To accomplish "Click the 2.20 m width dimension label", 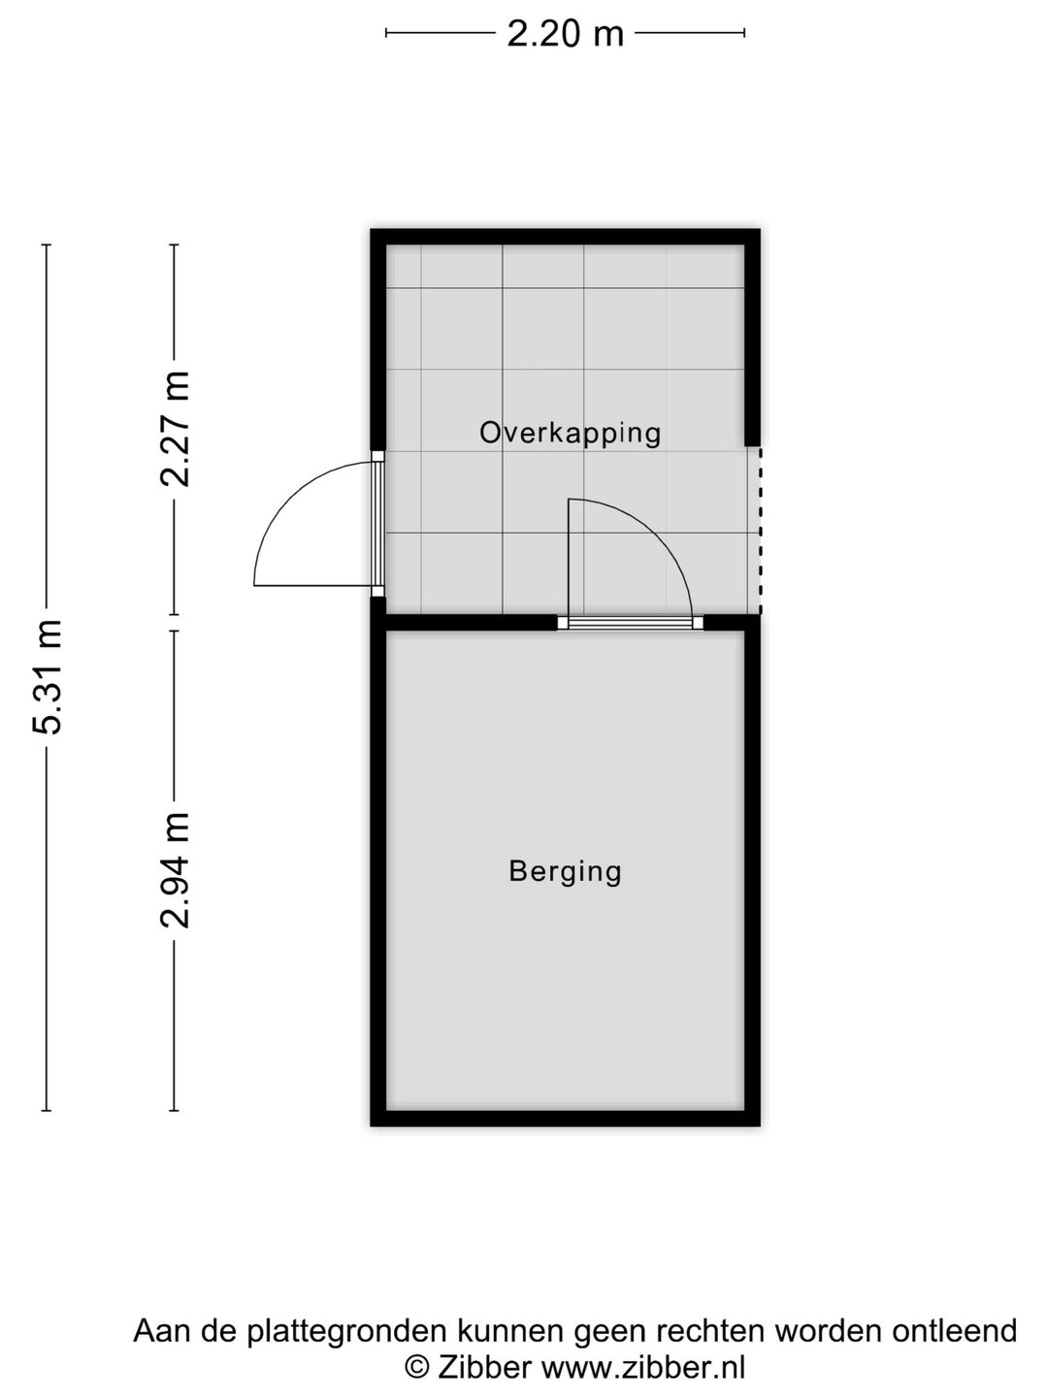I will click(x=565, y=34).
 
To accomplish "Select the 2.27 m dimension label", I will click(x=176, y=428).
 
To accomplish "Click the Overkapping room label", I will click(x=570, y=433).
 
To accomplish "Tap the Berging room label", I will click(x=565, y=871).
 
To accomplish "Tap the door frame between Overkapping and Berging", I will click(x=631, y=623).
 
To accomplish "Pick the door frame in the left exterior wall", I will click(x=378, y=524).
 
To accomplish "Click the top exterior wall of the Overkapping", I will click(x=565, y=237).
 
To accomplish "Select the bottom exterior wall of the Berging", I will click(x=565, y=1118).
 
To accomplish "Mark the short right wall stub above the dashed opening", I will click(x=751, y=340).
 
